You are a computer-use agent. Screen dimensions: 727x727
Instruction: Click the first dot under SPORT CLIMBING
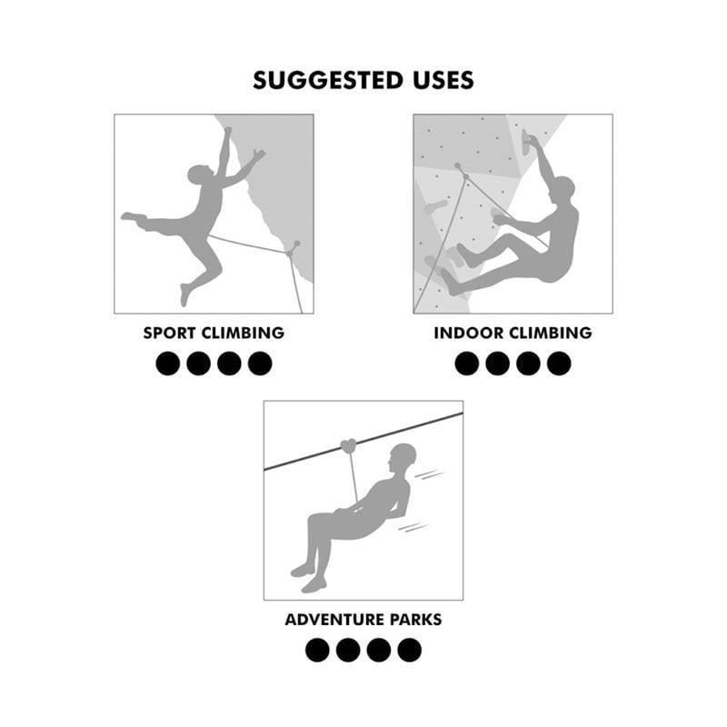168,363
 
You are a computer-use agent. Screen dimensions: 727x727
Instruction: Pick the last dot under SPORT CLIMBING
260,363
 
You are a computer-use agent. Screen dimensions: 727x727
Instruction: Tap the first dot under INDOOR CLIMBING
467,363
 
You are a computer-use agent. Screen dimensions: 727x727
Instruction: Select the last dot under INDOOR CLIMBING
559,363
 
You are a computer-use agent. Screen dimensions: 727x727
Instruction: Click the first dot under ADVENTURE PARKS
317,650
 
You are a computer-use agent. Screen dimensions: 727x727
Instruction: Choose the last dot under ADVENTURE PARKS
409,650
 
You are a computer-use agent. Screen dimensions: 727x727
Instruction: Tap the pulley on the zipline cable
347,445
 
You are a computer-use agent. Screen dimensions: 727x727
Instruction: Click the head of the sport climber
199,175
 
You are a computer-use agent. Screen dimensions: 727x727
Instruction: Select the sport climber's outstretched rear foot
133,218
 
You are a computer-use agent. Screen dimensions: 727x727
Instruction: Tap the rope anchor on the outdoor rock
293,245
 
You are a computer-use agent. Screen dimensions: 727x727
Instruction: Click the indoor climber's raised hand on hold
530,140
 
